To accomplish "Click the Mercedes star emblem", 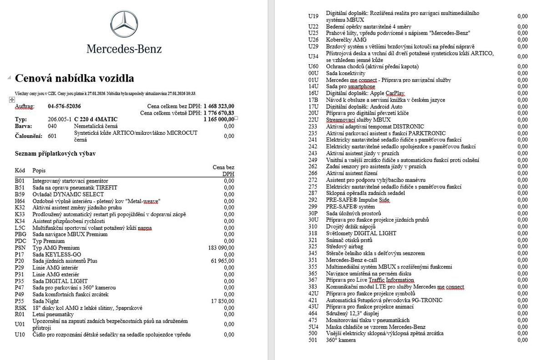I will click(x=124, y=24).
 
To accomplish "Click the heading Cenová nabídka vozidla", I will click(x=75, y=78).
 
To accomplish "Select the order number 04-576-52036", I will click(x=64, y=106).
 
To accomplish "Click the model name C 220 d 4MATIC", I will click(x=96, y=119).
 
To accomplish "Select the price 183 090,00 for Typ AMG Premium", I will click(x=221, y=248).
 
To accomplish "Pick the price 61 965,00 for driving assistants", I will click(x=222, y=261).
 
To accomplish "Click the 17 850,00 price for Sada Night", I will click(x=222, y=301).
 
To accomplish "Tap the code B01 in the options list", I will click(x=20, y=181).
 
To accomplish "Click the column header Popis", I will click(x=39, y=170).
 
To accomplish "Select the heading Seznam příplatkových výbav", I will click(x=55, y=154).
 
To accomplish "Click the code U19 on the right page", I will click(x=313, y=16).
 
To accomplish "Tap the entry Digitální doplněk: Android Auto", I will click(x=364, y=106).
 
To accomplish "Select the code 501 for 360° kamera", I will click(x=313, y=340).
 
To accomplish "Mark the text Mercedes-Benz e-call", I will click(x=351, y=260).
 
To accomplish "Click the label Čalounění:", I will click(x=29, y=136).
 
